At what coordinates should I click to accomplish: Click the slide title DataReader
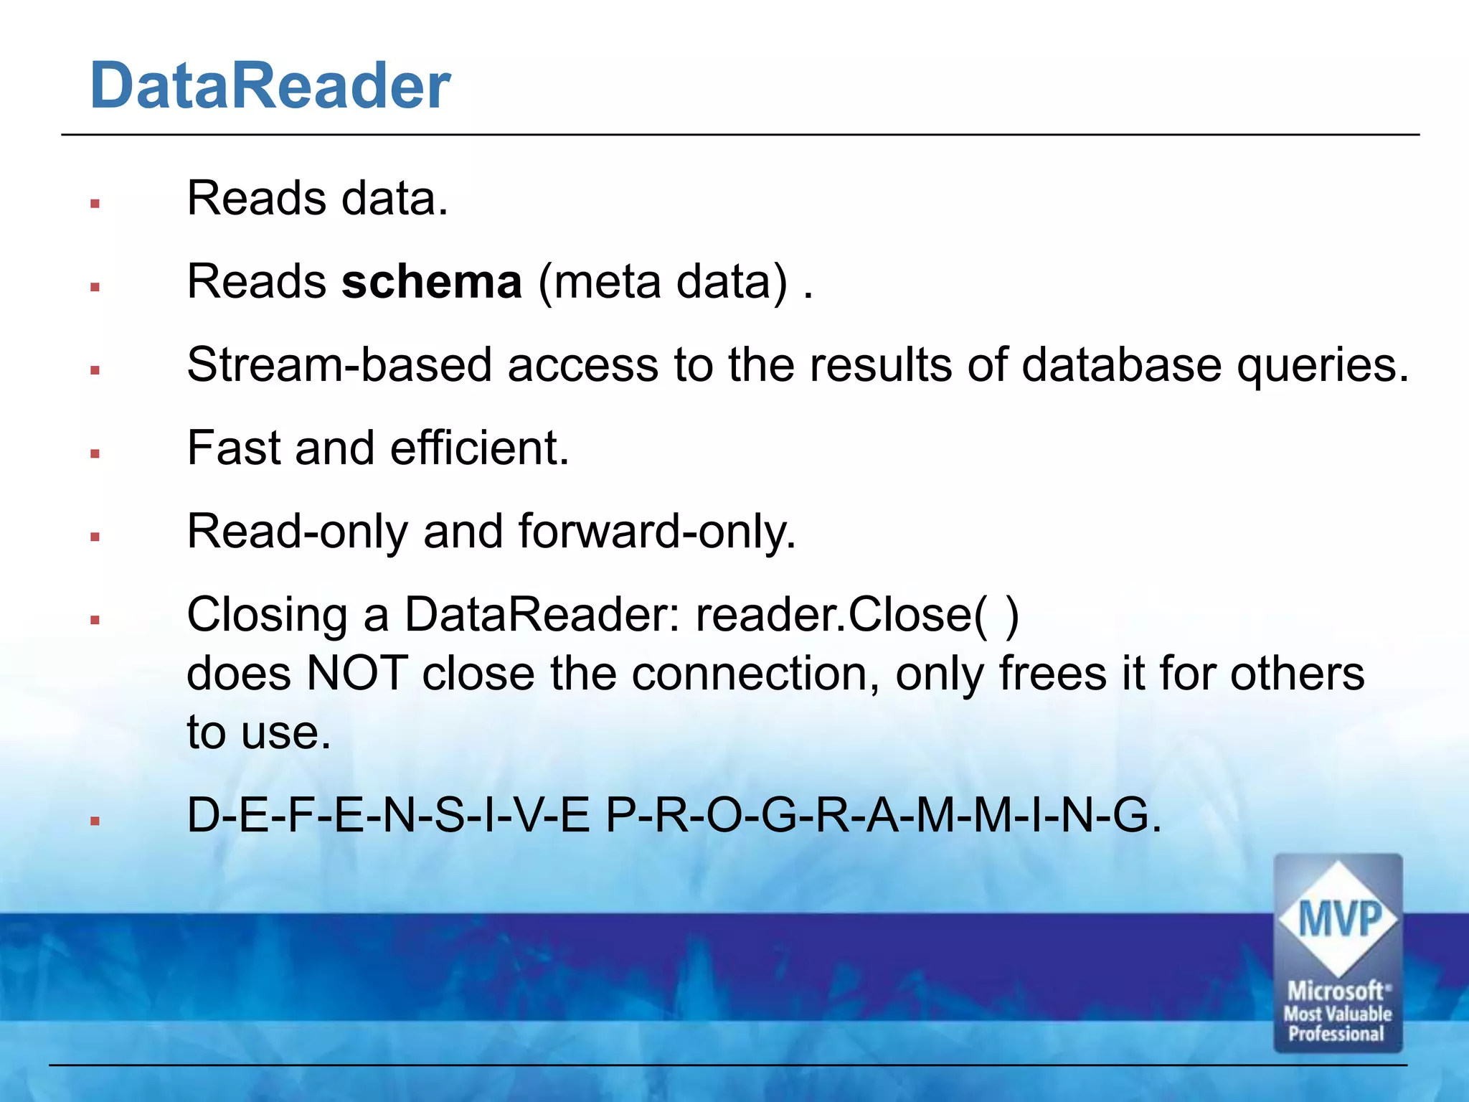pos(270,86)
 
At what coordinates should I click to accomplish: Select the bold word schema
pos(431,281)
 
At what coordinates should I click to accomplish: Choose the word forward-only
pos(656,532)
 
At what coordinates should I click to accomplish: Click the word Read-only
pos(298,532)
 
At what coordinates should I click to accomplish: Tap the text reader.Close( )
pos(857,615)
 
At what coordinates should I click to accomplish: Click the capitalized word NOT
pos(356,674)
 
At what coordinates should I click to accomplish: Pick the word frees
pos(1052,674)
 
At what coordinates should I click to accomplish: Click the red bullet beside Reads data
pos(95,204)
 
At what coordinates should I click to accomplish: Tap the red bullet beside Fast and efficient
pos(95,453)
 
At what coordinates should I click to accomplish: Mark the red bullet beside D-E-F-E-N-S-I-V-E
pos(95,821)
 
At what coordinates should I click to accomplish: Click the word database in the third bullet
pos(1120,364)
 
